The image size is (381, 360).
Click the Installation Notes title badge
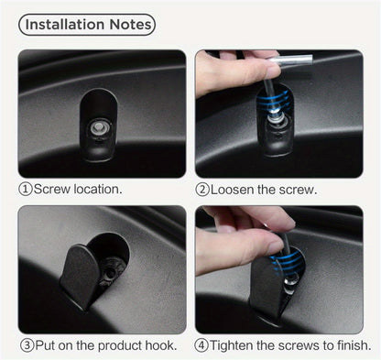(x=87, y=24)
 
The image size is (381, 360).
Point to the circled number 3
(x=26, y=345)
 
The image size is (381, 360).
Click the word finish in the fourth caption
(x=352, y=345)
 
